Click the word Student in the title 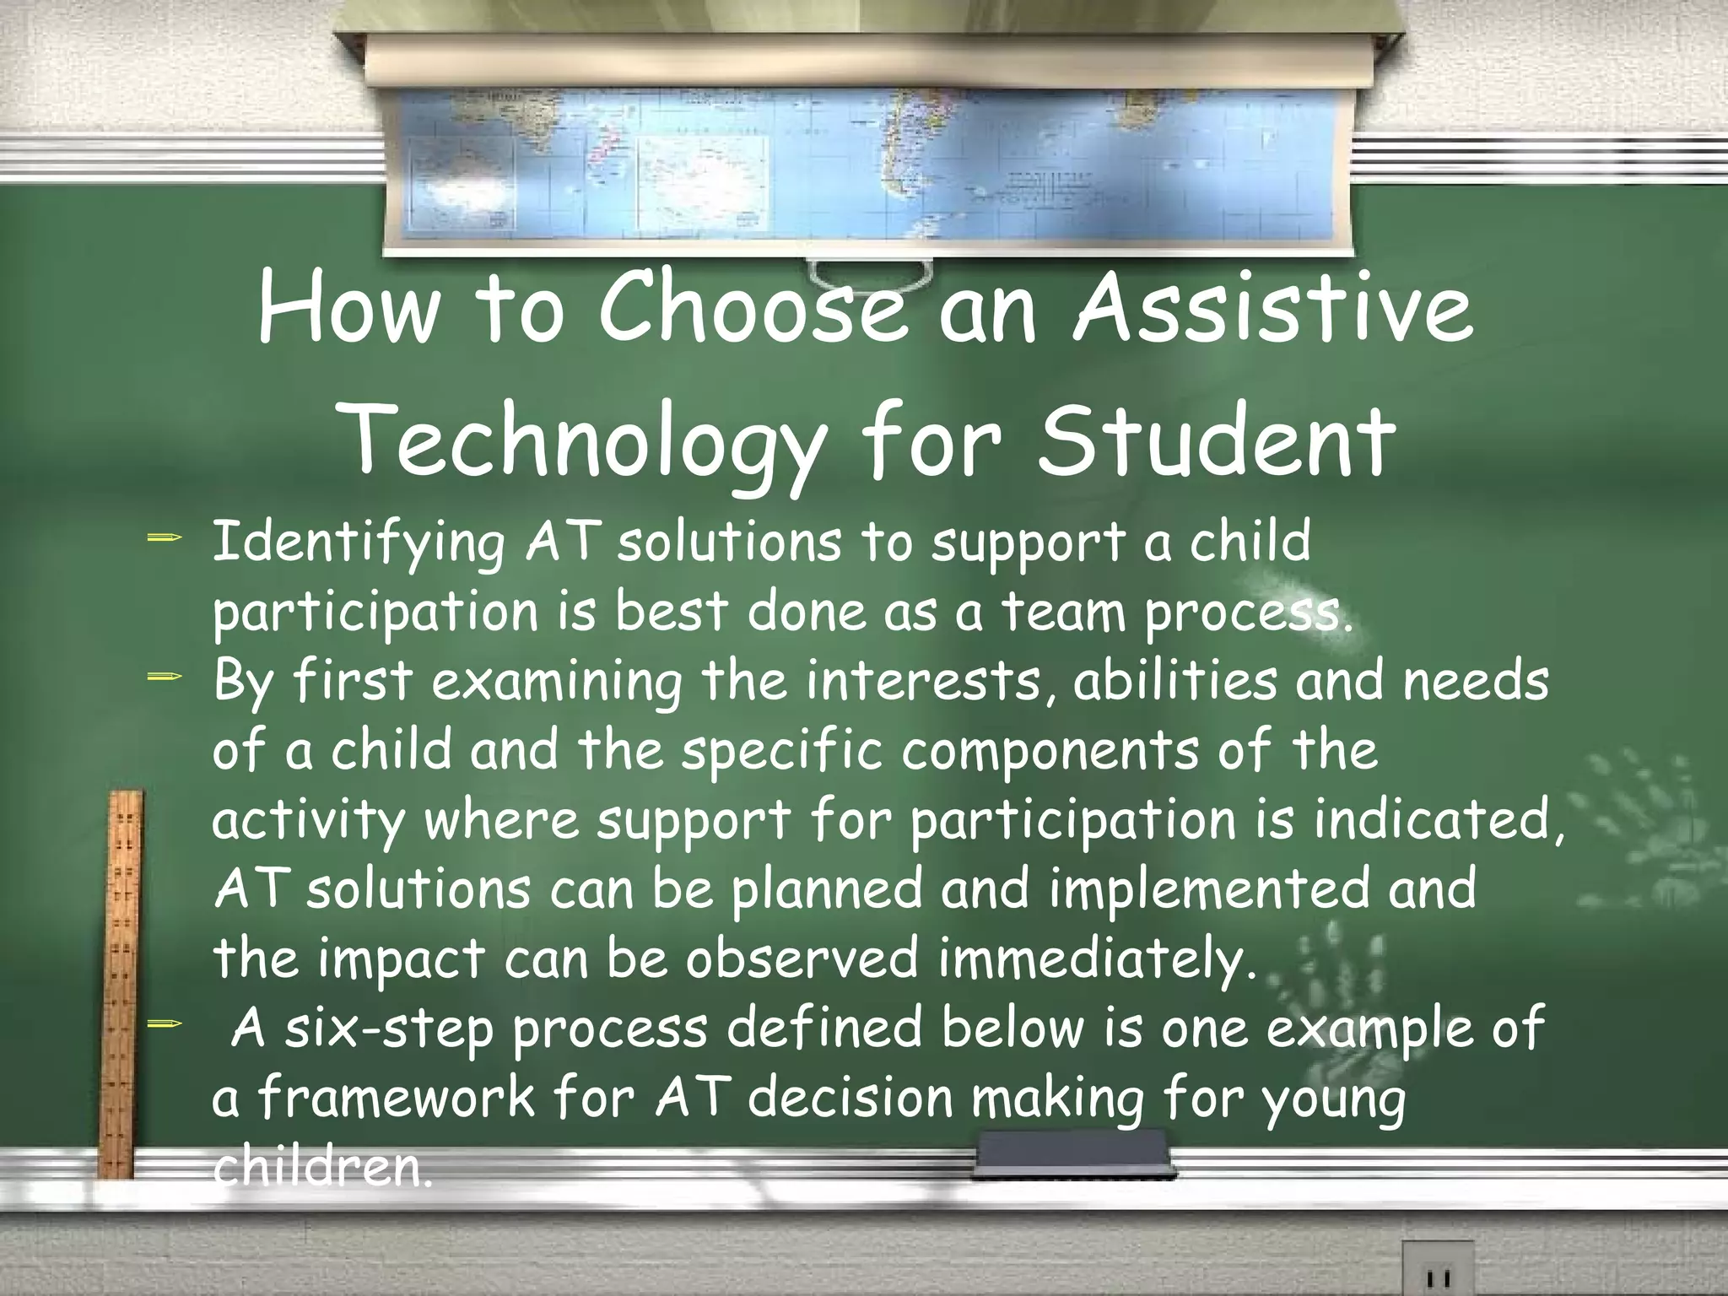pyautogui.click(x=1215, y=440)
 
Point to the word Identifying pyautogui.click(x=358, y=545)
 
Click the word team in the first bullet pyautogui.click(x=1065, y=613)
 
